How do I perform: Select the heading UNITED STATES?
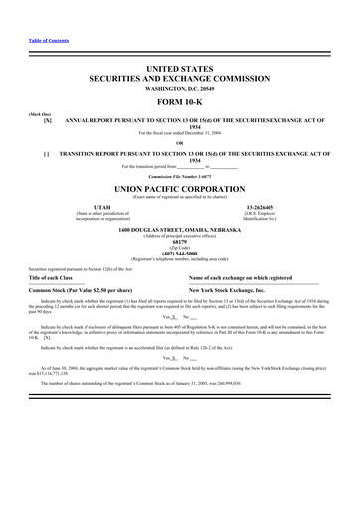tap(179, 68)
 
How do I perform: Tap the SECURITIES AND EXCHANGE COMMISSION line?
tap(179, 78)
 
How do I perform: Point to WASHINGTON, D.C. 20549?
tap(179, 88)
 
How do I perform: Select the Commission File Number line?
tap(179, 174)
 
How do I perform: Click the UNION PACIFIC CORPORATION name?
tap(179, 187)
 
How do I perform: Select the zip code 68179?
tap(179, 242)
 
